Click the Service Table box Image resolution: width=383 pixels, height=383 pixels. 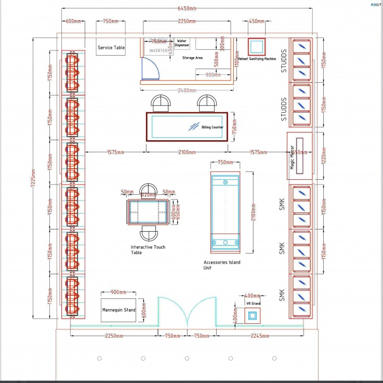(111, 48)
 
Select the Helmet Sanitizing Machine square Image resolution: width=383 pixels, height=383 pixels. (256, 47)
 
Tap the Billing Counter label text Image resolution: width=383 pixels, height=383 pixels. (212, 127)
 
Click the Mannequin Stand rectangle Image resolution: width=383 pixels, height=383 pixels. (118, 310)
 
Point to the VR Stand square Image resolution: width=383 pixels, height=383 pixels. (253, 315)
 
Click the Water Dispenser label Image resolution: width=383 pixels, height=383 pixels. (182, 43)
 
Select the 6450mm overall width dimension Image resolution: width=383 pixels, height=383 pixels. (187, 9)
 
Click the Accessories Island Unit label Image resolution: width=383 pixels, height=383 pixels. (222, 265)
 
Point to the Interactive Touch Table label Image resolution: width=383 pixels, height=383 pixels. (148, 250)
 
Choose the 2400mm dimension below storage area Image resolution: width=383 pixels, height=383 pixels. (187, 89)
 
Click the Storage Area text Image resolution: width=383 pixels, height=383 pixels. (192, 58)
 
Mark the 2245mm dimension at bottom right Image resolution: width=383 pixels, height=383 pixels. (258, 336)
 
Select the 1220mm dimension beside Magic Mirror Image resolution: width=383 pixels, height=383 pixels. (324, 154)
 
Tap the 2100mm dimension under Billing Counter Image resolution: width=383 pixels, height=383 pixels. (187, 152)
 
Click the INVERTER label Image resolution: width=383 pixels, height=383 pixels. (159, 51)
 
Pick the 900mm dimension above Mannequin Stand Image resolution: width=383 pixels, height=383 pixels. (118, 292)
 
